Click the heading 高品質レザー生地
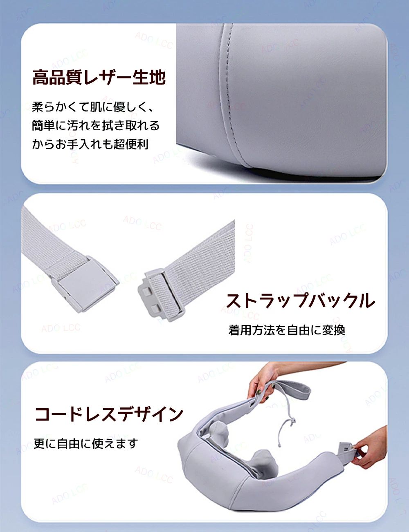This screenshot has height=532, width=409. point(99,77)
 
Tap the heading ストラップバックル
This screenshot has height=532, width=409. point(300,301)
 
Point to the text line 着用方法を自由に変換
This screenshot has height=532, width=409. point(287,330)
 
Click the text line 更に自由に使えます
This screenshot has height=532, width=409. point(86,443)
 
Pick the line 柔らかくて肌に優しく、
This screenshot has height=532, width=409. point(93,107)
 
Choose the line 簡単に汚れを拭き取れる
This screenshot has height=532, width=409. point(96,125)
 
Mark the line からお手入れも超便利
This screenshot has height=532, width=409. point(90,144)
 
